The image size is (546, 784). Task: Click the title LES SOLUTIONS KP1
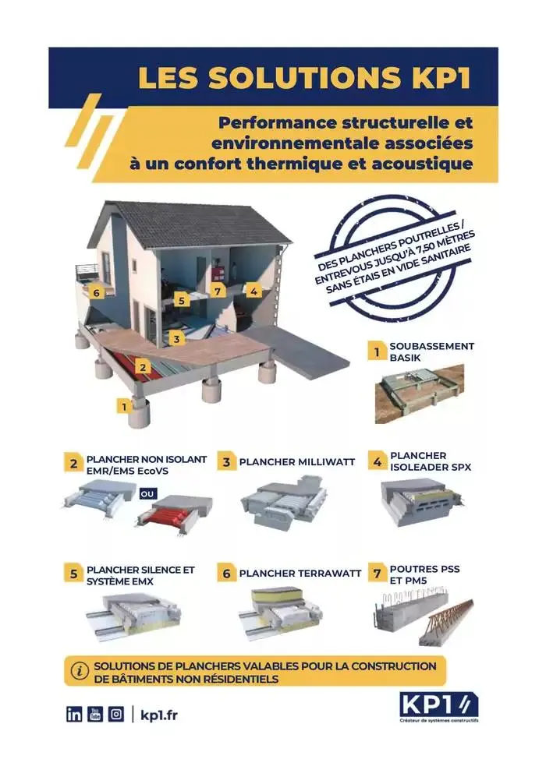pyautogui.click(x=305, y=78)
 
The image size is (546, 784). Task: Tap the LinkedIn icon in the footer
pyautogui.click(x=74, y=714)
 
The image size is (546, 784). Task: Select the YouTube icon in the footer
pyautogui.click(x=95, y=714)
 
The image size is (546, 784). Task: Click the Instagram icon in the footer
pyautogui.click(x=116, y=714)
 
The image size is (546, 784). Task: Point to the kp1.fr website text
pyautogui.click(x=159, y=715)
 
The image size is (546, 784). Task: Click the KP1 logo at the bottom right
pyautogui.click(x=437, y=708)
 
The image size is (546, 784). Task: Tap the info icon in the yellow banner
pyautogui.click(x=79, y=670)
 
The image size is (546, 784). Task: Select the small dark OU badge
pyautogui.click(x=148, y=493)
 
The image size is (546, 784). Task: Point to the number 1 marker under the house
pyautogui.click(x=122, y=405)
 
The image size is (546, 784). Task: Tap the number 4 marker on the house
pyautogui.click(x=253, y=291)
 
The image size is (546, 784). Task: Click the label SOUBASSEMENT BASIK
pyautogui.click(x=431, y=351)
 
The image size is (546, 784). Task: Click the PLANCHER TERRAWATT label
pyautogui.click(x=300, y=574)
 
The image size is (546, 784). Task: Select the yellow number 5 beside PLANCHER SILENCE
pyautogui.click(x=73, y=574)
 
